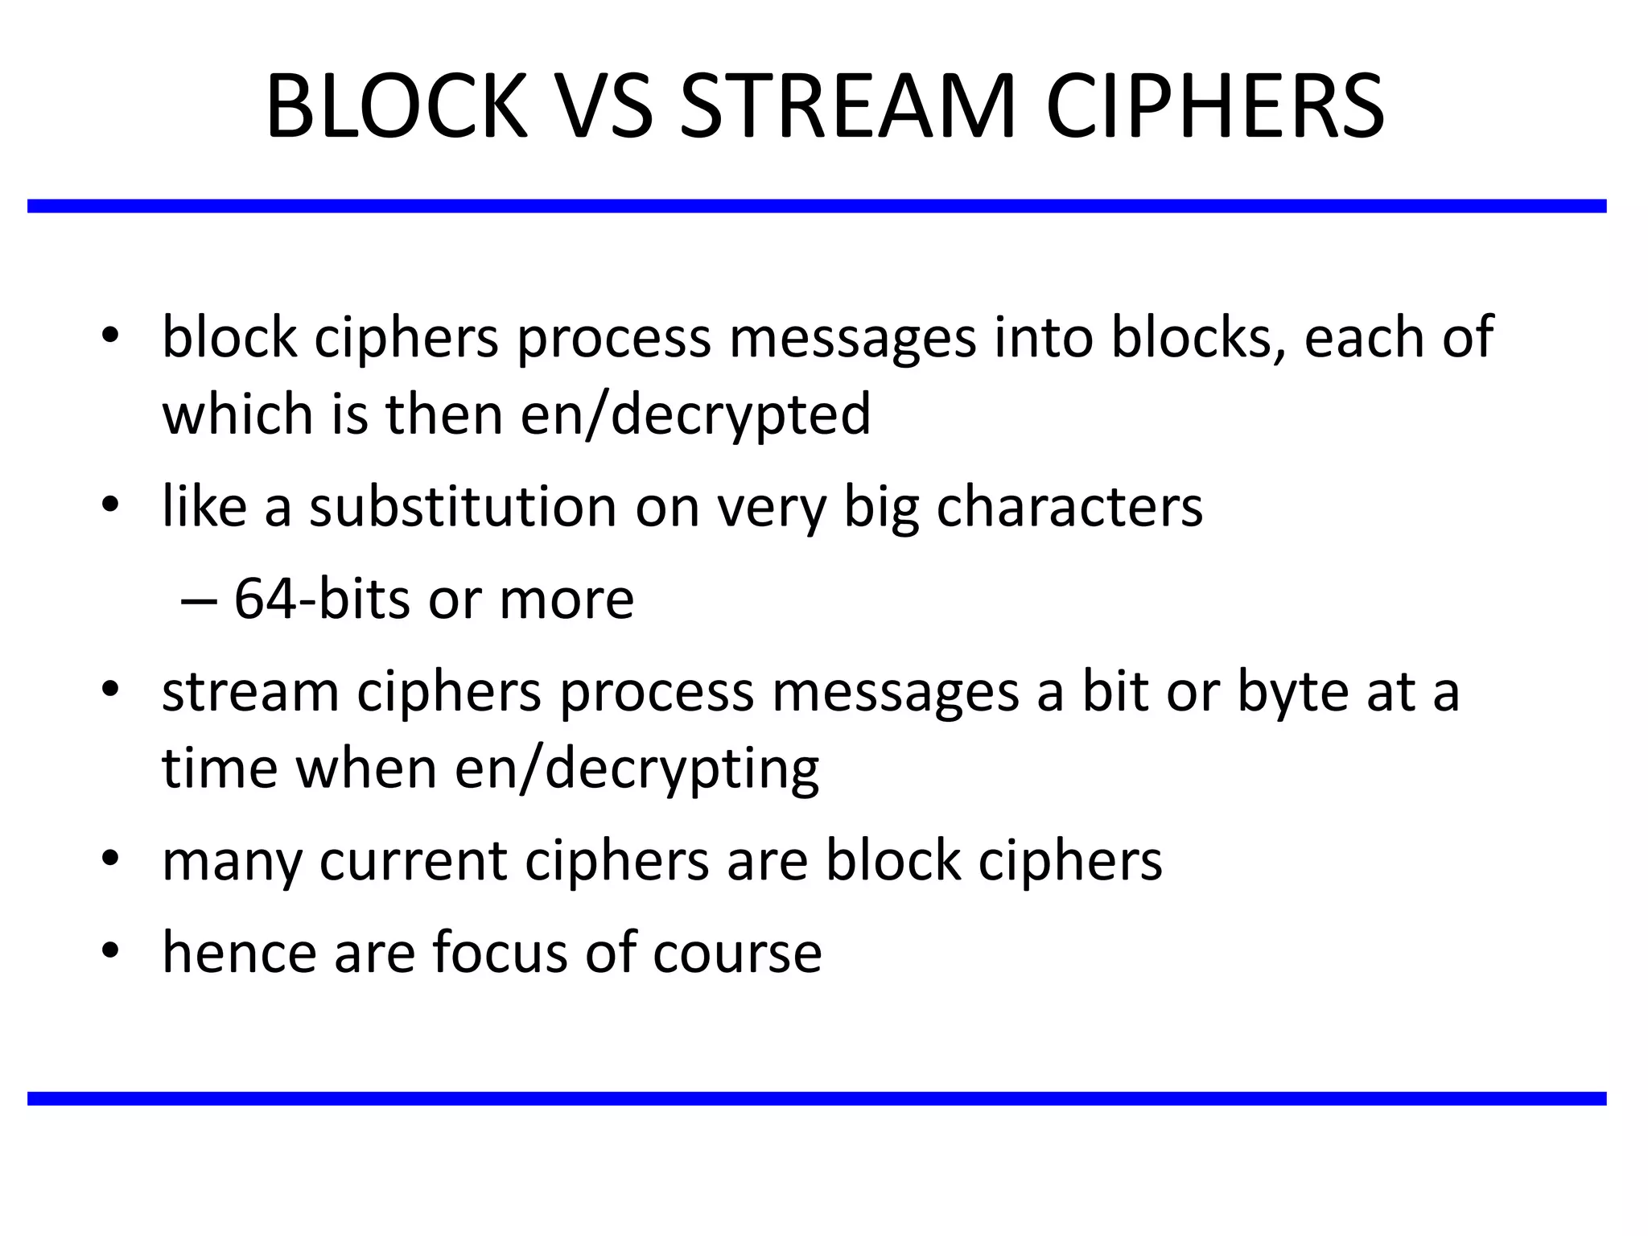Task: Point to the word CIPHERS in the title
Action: pos(1214,107)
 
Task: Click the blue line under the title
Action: pos(817,206)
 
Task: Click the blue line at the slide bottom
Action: pos(817,1098)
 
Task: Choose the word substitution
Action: pos(463,508)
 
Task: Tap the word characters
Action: pos(1069,508)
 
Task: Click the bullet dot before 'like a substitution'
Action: pos(111,505)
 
